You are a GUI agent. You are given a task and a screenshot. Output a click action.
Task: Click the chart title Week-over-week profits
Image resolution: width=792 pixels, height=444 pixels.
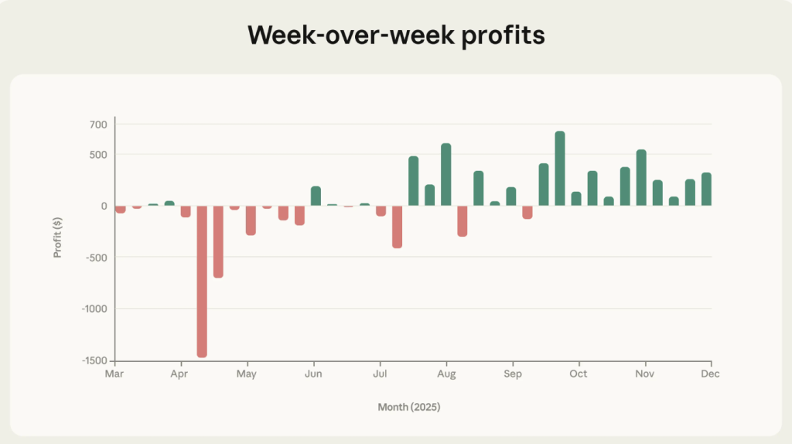pos(396,36)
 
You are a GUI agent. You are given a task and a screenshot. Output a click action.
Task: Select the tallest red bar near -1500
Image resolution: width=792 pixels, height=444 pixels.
pos(202,281)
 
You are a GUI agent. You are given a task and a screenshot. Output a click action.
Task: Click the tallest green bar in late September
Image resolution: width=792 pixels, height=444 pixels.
pos(560,169)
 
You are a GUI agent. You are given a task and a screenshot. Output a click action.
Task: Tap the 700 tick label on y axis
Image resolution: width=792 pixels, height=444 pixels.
pos(99,125)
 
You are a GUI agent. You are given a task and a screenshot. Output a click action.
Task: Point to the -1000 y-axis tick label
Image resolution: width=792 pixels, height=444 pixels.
pos(94,309)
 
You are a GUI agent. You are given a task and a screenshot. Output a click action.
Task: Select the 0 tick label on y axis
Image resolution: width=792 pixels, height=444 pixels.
pos(104,206)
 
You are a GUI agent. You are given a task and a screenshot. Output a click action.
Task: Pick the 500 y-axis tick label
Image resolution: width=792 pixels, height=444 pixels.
pos(99,155)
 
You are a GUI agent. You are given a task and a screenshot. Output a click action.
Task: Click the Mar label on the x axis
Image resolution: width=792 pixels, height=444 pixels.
pos(114,374)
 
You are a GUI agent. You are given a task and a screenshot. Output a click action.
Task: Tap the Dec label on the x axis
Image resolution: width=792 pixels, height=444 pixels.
pos(711,374)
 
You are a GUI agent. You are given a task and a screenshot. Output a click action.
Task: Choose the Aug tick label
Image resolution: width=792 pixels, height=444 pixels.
pos(446,374)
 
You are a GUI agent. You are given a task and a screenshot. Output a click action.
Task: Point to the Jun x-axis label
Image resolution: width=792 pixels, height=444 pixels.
pos(313,374)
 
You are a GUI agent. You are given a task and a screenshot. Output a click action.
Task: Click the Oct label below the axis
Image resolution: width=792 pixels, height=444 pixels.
pos(579,374)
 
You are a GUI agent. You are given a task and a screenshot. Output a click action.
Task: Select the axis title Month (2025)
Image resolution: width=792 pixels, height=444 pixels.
pos(409,406)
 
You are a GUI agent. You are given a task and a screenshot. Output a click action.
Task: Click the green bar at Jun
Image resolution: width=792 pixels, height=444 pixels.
pos(316,196)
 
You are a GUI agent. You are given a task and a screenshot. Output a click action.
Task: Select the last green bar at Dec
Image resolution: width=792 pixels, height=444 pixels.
pos(706,190)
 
